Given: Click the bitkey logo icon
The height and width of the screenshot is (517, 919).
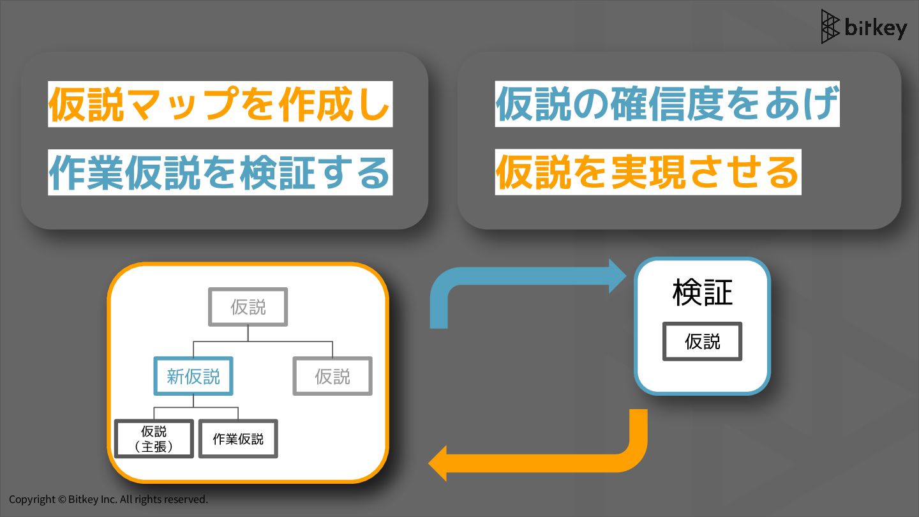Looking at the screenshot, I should [x=830, y=27].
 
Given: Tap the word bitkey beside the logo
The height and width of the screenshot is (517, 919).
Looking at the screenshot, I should [x=875, y=29].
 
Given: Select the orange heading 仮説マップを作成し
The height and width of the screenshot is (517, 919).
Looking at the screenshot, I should [x=220, y=104].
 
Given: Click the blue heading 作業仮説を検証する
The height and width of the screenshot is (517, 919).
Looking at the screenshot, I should [x=220, y=172].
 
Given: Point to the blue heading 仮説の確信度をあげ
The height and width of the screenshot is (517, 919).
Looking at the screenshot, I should [x=666, y=104].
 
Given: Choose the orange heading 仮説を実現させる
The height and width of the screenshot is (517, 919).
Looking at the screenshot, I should [x=647, y=172].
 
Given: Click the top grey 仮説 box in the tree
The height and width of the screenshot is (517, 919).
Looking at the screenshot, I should [x=248, y=307].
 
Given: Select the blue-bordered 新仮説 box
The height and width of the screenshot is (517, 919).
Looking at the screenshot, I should [x=193, y=377].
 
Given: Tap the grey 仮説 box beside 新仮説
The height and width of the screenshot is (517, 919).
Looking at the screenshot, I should [x=332, y=377].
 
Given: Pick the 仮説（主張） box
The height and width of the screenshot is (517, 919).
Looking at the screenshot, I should [x=154, y=438].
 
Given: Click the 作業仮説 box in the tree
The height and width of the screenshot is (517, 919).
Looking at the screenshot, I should [x=238, y=438].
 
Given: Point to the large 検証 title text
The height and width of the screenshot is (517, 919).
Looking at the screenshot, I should [x=702, y=292].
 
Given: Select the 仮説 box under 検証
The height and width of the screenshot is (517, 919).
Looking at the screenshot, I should [x=702, y=341].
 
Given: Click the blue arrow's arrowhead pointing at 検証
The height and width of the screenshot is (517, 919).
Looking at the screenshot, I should [x=619, y=276].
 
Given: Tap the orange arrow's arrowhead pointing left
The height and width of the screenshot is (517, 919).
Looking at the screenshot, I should [x=438, y=463].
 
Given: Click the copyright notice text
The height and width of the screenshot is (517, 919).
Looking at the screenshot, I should [x=108, y=499].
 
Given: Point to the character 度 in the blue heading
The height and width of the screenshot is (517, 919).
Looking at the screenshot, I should [x=708, y=104].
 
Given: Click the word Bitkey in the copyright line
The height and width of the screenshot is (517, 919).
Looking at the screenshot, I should [x=83, y=499].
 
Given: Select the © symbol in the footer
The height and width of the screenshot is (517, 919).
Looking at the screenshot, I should [x=62, y=499].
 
